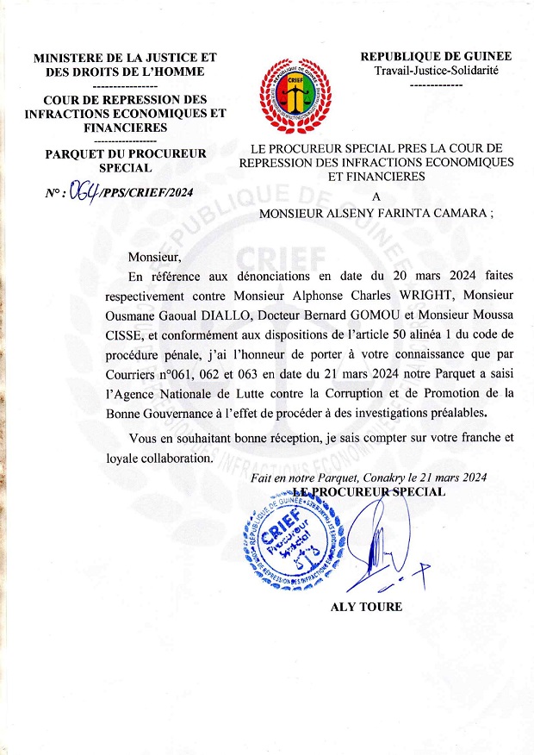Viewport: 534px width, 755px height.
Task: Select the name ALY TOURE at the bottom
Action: pyautogui.click(x=366, y=607)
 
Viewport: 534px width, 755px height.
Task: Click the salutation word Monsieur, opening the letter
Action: pyautogui.click(x=156, y=257)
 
